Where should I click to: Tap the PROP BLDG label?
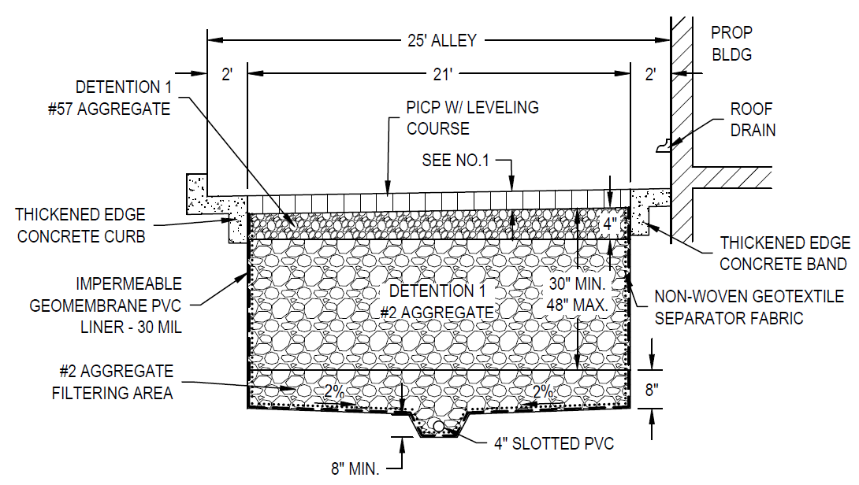click(x=731, y=44)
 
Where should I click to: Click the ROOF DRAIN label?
click(x=752, y=120)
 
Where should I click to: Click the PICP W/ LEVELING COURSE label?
click(x=473, y=117)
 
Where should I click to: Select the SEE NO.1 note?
click(x=456, y=161)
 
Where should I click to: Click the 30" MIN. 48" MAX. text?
click(x=577, y=293)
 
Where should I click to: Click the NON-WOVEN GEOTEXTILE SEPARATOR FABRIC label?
click(x=749, y=307)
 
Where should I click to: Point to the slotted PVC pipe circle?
click(x=437, y=426)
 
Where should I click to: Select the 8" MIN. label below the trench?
click(x=355, y=469)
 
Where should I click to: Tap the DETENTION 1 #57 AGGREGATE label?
click(x=110, y=98)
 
